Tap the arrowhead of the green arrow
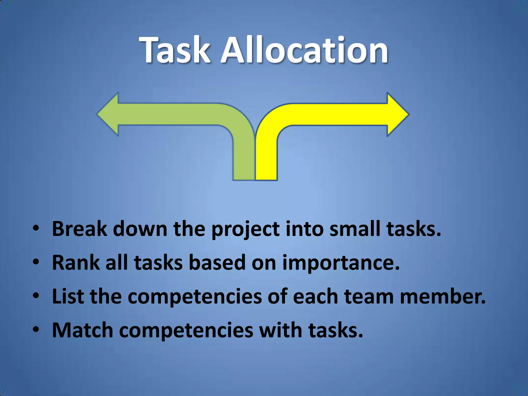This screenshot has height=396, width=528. [x=108, y=114]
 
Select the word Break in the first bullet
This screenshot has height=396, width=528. [x=79, y=229]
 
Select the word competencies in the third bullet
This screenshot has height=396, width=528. [x=195, y=297]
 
